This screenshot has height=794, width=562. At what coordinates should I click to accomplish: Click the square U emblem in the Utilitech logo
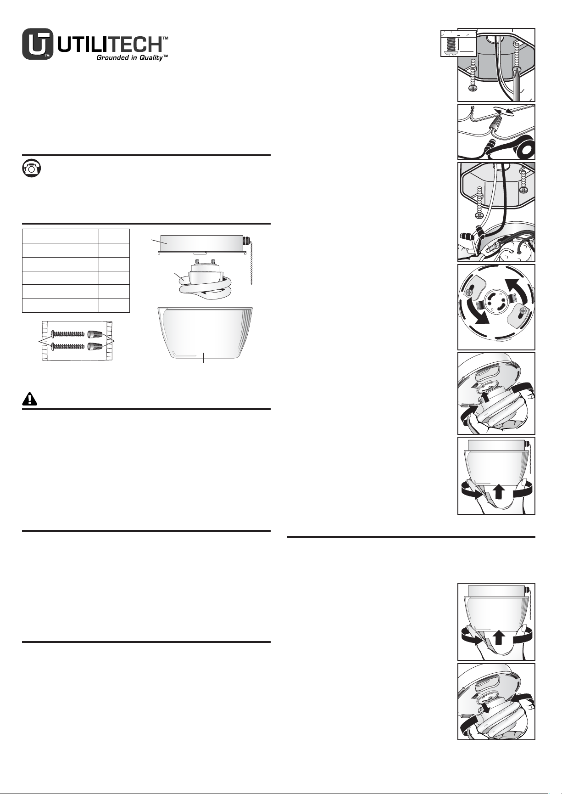click(38, 45)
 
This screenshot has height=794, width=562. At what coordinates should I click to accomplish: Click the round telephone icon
click(31, 168)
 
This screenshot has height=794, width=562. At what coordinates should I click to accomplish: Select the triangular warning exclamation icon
click(30, 399)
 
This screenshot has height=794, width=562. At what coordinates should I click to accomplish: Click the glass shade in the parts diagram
click(205, 333)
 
